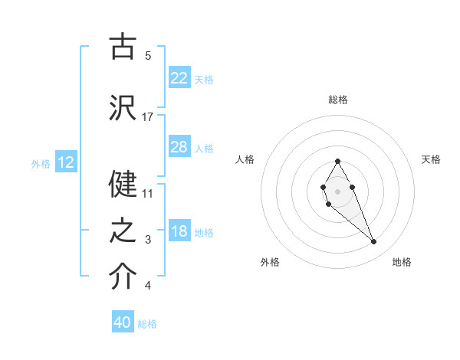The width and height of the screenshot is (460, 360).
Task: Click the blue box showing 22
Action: (x=179, y=78)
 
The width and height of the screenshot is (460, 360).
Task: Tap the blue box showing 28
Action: (x=179, y=147)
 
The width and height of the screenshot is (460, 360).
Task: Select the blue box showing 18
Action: (x=179, y=232)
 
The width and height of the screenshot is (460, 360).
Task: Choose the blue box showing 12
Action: (x=66, y=162)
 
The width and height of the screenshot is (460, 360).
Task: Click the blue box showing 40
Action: (x=123, y=322)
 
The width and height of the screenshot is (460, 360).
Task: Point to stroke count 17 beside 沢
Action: (x=148, y=116)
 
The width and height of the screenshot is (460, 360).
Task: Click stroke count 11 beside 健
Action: (x=148, y=194)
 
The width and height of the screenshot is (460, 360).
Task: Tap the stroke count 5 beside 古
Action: (x=148, y=55)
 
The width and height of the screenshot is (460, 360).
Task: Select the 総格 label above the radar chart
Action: (x=338, y=100)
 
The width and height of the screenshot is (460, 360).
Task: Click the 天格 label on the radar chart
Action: (x=431, y=159)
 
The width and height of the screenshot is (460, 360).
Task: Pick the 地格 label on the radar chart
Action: (x=402, y=262)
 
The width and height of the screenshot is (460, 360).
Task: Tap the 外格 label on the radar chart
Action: (x=270, y=262)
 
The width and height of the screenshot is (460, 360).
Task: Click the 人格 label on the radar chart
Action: (x=245, y=159)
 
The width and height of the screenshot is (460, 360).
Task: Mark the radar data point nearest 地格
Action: (x=374, y=242)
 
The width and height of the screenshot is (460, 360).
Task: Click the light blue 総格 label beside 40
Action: (x=147, y=324)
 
